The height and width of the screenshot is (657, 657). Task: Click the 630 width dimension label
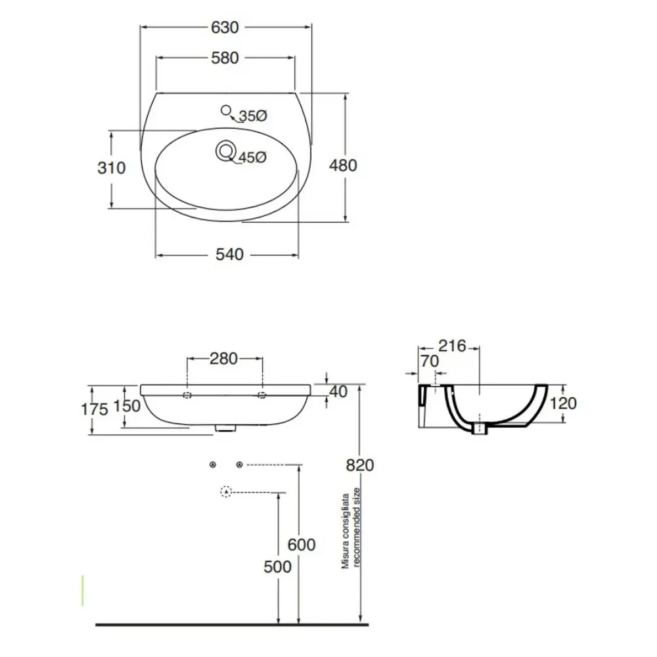point(225,28)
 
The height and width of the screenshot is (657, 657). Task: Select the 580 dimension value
point(225,58)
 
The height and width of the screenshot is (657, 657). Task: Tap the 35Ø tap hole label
point(253,116)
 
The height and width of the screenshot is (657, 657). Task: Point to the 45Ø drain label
point(253,158)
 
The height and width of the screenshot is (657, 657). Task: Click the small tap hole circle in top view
point(226,110)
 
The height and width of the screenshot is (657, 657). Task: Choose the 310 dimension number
point(112,168)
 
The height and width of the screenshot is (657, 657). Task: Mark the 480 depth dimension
point(343,166)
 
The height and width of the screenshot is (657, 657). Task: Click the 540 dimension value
point(229,255)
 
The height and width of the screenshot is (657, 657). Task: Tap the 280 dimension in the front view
point(224,359)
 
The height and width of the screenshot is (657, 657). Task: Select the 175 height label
point(94,409)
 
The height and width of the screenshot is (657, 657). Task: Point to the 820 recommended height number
point(360,466)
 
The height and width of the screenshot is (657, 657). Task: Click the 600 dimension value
point(302,545)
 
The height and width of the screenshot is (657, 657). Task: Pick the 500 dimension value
point(277,568)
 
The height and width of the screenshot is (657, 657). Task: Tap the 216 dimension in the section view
point(452,346)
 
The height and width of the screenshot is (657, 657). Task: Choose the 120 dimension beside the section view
point(563,403)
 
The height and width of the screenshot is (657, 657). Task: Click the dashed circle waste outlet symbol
point(226,491)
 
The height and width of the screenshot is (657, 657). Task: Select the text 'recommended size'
point(357,527)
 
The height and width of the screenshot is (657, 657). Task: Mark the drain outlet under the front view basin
point(226,428)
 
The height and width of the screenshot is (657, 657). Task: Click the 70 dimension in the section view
point(430,361)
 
